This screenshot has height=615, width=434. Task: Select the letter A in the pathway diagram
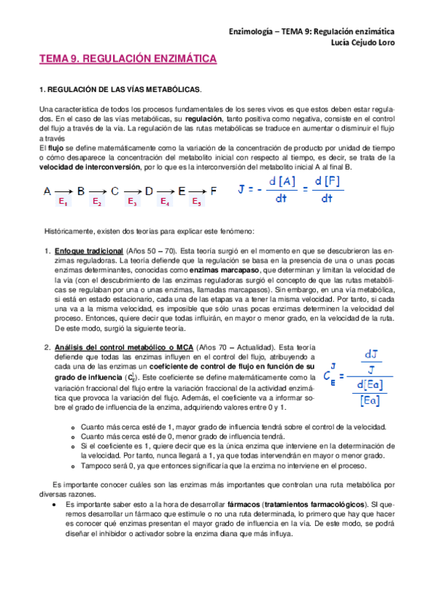tap(47, 191)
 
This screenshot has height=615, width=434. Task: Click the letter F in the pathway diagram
tap(213, 191)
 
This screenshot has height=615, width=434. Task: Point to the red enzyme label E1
tap(64, 203)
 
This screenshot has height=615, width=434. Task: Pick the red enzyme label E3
tap(132, 203)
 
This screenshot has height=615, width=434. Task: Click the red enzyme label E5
tap(196, 203)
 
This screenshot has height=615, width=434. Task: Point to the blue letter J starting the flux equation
tap(241, 189)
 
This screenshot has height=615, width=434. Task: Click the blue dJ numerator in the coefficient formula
tap(371, 354)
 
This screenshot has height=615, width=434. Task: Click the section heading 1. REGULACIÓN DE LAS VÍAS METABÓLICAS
tap(120, 89)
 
